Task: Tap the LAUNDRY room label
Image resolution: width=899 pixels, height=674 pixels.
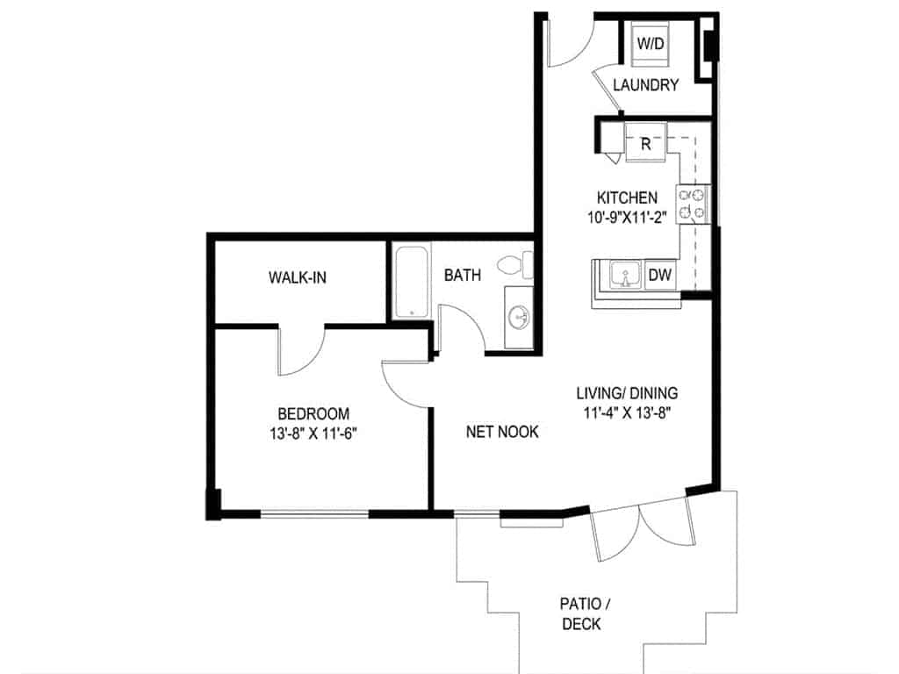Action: point(645,85)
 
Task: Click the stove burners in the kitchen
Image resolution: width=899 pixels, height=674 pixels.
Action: point(693,204)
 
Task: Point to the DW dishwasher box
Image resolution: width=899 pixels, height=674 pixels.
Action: point(660,276)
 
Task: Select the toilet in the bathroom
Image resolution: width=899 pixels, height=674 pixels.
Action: point(517,264)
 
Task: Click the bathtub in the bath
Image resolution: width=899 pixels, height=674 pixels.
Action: point(409,282)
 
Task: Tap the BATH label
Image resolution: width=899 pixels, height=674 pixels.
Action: point(462,276)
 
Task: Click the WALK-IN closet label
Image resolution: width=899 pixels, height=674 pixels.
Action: point(298,278)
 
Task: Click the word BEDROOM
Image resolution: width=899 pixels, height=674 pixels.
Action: point(313,413)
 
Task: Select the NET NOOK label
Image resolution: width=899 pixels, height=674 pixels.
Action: point(502,432)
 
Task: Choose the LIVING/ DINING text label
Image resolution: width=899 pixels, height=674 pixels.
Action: point(627,393)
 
